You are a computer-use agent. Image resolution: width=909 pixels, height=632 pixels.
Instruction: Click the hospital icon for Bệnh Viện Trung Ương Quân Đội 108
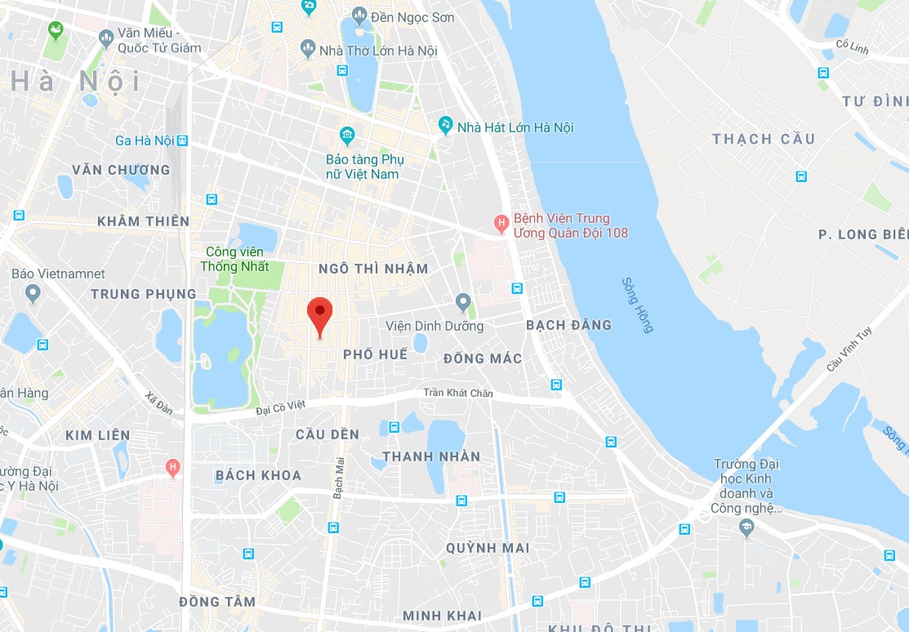point(503,222)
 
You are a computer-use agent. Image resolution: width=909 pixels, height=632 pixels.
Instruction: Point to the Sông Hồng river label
point(638,305)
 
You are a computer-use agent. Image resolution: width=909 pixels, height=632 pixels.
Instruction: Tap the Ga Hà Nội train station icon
point(182,140)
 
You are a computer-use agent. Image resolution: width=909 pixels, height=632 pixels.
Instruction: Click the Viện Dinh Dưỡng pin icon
point(463,303)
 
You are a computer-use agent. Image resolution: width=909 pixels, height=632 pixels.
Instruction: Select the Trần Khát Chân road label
point(457,393)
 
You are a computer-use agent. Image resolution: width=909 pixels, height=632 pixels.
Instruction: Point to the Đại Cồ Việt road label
point(279,406)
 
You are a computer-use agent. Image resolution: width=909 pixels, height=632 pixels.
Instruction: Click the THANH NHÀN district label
point(431,456)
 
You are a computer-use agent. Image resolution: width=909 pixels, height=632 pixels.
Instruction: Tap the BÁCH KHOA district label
point(258,475)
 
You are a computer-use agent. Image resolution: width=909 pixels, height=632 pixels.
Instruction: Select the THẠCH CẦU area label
point(763,139)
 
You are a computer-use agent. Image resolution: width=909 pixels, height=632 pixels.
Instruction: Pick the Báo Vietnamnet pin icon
point(33,293)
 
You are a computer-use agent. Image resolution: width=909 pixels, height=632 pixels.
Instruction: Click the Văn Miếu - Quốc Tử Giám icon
point(105,38)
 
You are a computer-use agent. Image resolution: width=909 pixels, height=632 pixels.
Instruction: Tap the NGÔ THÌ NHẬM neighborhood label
point(373,269)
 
